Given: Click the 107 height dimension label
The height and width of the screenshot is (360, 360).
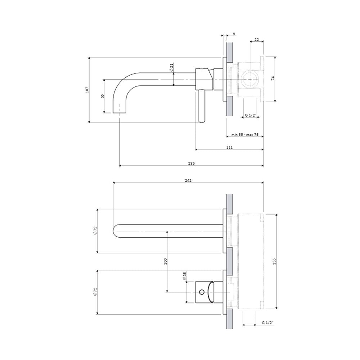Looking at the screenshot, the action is tap(87, 90).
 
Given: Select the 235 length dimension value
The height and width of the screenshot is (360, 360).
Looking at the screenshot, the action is tap(192, 163).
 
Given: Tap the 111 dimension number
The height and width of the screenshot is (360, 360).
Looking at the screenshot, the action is tap(229, 147).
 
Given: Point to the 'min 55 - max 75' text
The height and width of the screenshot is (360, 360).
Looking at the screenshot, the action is tap(245, 135).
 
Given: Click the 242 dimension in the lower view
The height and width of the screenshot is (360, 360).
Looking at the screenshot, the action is tap(188, 180).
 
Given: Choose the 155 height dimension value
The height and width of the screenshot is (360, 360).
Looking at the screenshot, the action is tap(274, 261).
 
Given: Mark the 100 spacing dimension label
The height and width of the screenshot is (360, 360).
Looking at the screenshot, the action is tap(166, 261).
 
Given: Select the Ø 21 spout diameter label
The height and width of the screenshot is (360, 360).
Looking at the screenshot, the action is tap(171, 67).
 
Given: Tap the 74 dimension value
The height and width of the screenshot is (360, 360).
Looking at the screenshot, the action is tap(273, 78).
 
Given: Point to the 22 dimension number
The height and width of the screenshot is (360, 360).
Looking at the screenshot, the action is tap(256, 40).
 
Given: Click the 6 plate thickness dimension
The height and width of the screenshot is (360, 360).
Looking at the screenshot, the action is tap(234, 33).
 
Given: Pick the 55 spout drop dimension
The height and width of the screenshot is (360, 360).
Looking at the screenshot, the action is tap(103, 96).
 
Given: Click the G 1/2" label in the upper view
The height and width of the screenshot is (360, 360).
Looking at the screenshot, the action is tap(250, 115).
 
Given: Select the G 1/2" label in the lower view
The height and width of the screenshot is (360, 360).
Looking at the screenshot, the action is tap(268, 323).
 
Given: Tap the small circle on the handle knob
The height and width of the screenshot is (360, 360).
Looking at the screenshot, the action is tap(202, 292).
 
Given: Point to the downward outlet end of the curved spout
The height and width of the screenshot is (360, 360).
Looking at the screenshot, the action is tap(120, 112).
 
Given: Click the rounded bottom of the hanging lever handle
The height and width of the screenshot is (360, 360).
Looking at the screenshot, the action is tap(202, 120).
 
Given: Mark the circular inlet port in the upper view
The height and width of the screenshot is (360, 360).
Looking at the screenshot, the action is tap(250, 79).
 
